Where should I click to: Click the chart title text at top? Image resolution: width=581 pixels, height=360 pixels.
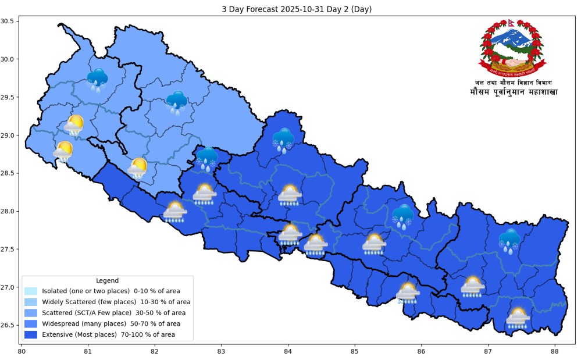pyautogui.click(x=297, y=9)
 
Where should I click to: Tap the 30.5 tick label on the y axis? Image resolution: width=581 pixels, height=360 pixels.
pyautogui.click(x=8, y=21)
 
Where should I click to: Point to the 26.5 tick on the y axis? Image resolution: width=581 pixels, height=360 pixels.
pyautogui.click(x=8, y=325)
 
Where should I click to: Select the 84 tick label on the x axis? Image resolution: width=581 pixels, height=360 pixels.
pyautogui.click(x=288, y=351)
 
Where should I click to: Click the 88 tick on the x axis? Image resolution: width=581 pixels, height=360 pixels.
pyautogui.click(x=554, y=351)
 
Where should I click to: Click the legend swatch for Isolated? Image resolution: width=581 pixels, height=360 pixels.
pyautogui.click(x=31, y=291)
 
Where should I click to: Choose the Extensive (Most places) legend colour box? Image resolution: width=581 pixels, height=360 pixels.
pyautogui.click(x=31, y=334)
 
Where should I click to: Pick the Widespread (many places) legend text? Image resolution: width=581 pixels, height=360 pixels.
pyautogui.click(x=111, y=323)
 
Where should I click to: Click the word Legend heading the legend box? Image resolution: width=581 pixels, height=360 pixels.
pyautogui.click(x=108, y=280)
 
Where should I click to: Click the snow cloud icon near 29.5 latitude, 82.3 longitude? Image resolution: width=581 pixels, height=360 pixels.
pyautogui.click(x=176, y=102)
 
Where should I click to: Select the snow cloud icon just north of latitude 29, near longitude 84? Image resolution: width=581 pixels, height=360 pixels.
pyautogui.click(x=283, y=140)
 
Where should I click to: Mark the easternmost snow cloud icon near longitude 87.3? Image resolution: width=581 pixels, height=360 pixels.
pyautogui.click(x=509, y=241)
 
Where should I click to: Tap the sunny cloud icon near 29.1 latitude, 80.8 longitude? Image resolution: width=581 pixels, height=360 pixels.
pyautogui.click(x=74, y=124)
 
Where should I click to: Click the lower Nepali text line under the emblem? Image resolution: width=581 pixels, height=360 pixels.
pyautogui.click(x=514, y=92)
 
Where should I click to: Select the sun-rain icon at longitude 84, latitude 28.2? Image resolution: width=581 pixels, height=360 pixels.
pyautogui.click(x=290, y=195)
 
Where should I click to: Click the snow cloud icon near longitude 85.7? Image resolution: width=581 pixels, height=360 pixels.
pyautogui.click(x=402, y=216)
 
